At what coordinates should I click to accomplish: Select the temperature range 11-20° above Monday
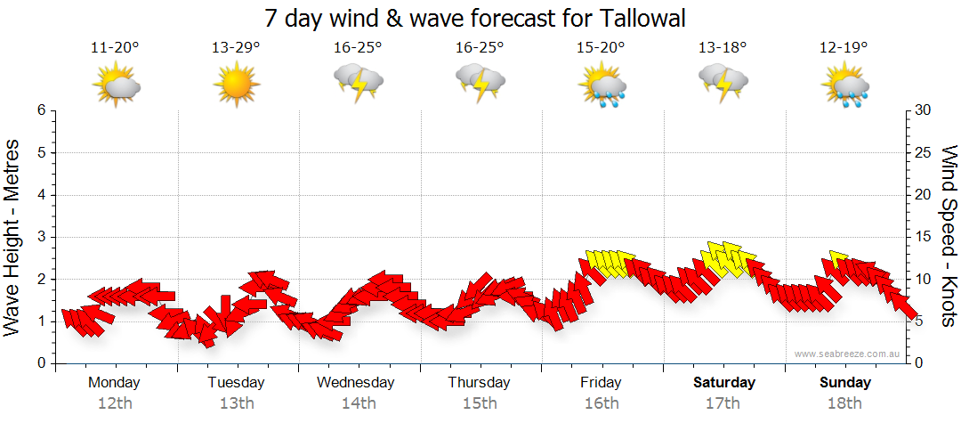point(115,48)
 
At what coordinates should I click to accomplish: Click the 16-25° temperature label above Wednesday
point(358,48)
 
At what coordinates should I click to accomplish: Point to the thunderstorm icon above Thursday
point(480,82)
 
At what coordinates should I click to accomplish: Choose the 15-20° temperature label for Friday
point(601,48)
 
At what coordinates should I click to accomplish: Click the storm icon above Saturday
point(723,82)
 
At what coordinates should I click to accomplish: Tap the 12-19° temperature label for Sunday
point(844,48)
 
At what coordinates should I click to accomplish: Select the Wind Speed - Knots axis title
point(949,236)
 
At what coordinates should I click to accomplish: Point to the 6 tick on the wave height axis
point(40,110)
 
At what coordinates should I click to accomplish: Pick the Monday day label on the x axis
point(115,383)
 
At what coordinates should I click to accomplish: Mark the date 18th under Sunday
point(844,403)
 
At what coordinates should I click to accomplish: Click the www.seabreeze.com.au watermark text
point(848,354)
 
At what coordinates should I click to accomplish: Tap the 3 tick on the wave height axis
point(40,237)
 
